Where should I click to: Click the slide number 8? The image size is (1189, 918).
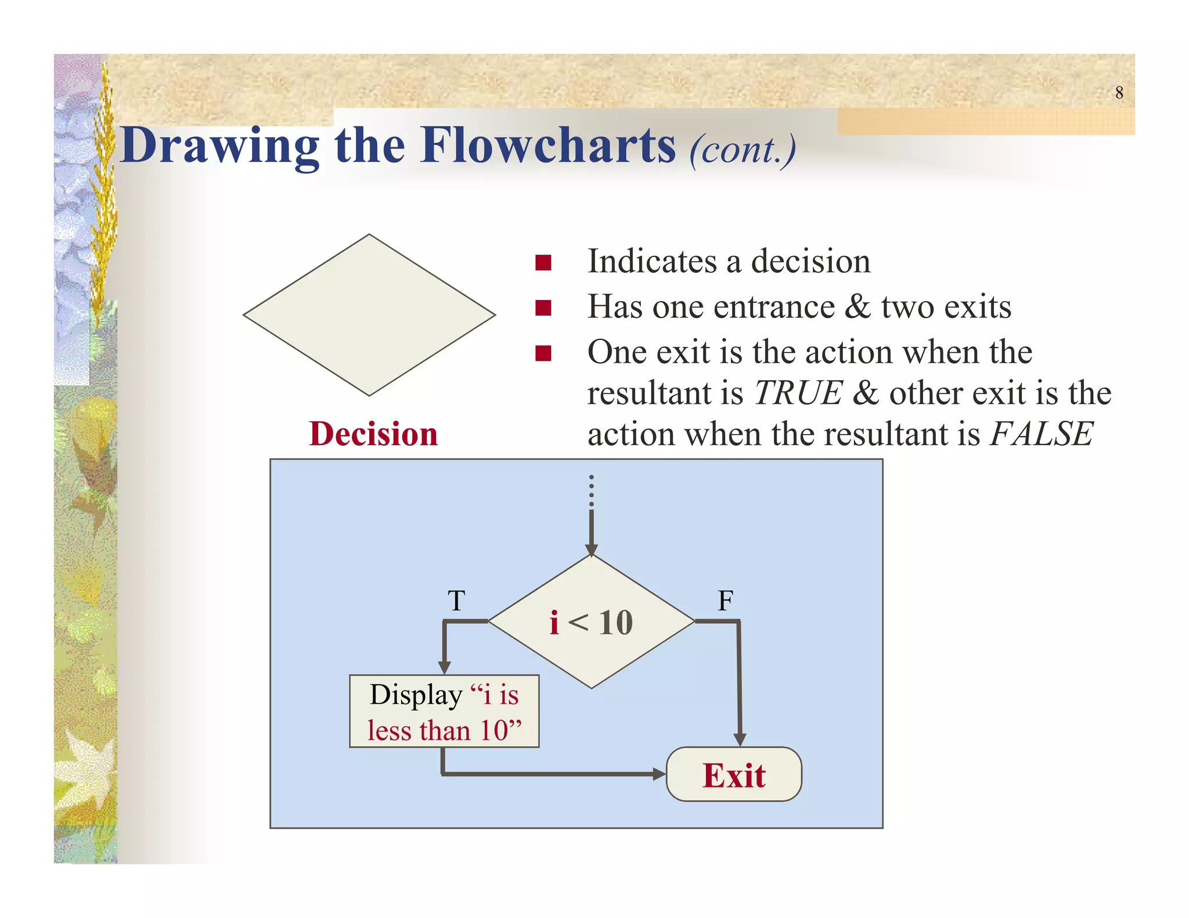[x=1119, y=93]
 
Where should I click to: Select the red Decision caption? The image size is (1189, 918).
[x=373, y=434]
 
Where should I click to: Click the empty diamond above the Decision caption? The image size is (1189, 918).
[x=369, y=315]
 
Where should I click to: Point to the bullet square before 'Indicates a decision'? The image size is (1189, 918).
[x=543, y=263]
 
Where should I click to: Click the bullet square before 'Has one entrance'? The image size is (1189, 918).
[x=543, y=308]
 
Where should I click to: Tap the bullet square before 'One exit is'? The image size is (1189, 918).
[x=543, y=353]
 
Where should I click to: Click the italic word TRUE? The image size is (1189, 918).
[x=798, y=393]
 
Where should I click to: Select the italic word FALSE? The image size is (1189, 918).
[x=1042, y=434]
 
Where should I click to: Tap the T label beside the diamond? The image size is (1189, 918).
[x=456, y=601]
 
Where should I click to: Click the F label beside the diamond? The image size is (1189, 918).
[x=725, y=601]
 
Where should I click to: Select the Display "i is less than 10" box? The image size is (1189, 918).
[x=444, y=711]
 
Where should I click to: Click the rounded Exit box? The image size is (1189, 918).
[x=734, y=775]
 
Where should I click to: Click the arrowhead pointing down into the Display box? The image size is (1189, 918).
[x=445, y=667]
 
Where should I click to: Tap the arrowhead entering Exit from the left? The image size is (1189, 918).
[x=659, y=774]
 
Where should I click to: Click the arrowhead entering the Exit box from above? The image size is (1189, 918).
[x=740, y=739]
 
